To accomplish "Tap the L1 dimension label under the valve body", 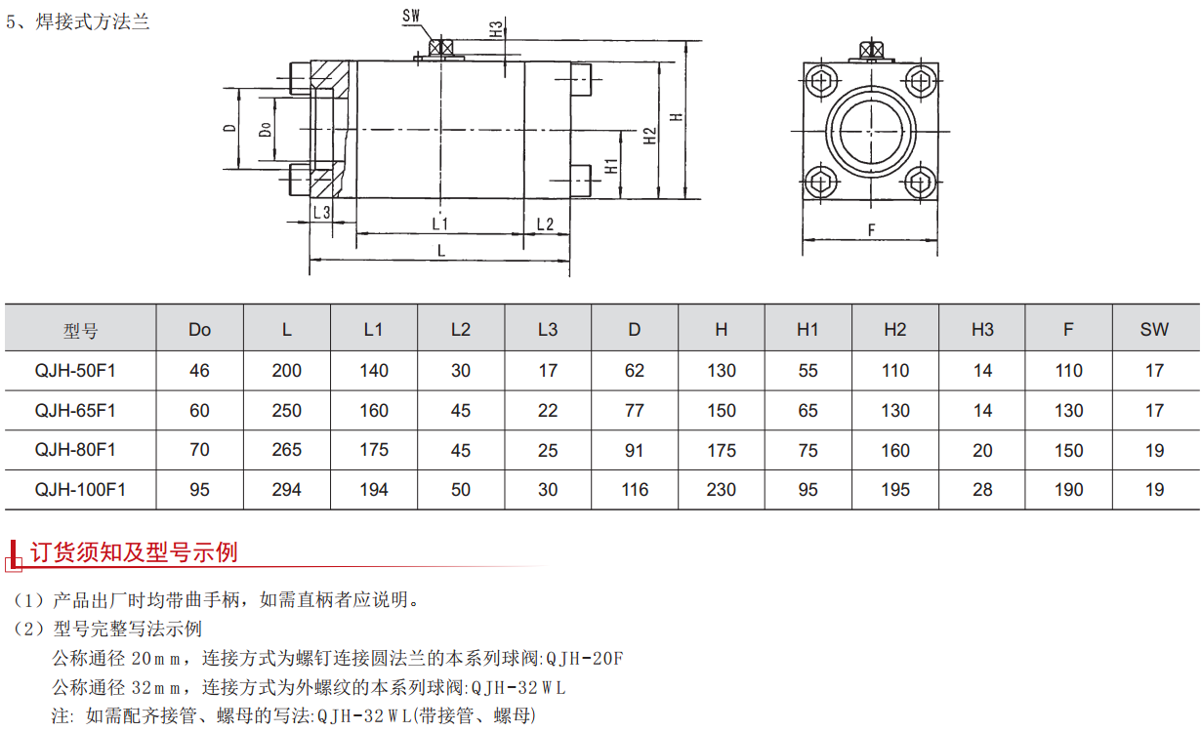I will point(439,224).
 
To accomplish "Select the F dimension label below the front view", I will point(870,230).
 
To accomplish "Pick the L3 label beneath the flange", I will point(321,212).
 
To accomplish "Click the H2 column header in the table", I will point(894,330).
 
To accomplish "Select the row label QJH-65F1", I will point(75,411).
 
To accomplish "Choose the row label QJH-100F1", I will point(80,490).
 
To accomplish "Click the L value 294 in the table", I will point(286,490).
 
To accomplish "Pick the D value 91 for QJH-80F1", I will point(634,451).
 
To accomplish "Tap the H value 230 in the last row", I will point(721,490).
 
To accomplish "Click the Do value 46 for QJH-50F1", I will point(199,371).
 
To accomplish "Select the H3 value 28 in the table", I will point(982,490).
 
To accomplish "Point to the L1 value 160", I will point(373,411).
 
